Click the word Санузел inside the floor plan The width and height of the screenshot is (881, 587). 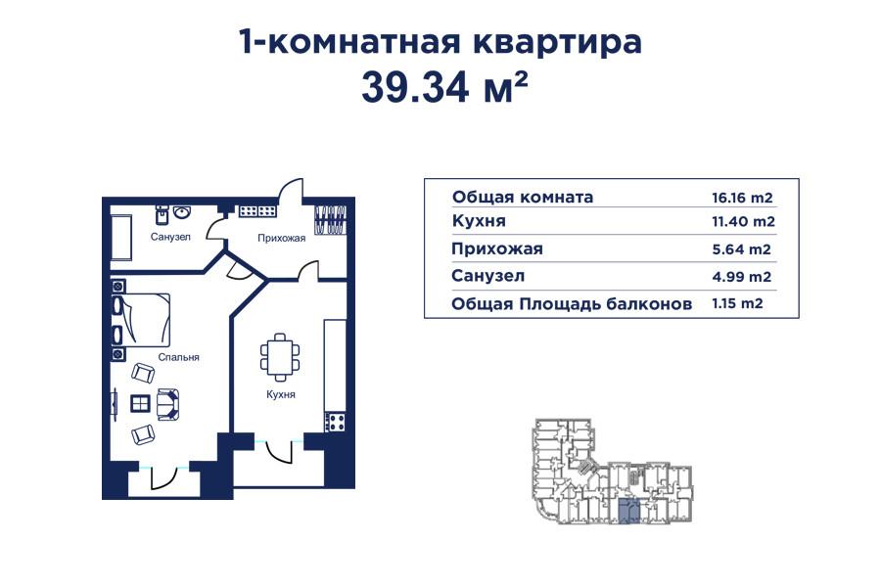click(170, 237)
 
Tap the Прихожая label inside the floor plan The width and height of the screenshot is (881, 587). click(282, 238)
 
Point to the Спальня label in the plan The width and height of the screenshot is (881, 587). click(178, 358)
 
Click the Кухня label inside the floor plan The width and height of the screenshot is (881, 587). click(280, 394)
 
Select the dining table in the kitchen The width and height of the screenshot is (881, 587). click(280, 357)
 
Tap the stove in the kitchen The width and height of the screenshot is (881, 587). click(336, 422)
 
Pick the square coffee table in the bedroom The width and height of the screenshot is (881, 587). click(140, 401)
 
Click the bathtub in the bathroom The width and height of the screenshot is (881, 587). click(120, 237)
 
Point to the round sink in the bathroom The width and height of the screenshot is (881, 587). click(182, 210)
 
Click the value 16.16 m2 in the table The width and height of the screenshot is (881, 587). click(743, 197)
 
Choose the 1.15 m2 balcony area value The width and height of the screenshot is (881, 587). click(737, 304)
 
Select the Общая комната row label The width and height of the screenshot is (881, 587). click(523, 197)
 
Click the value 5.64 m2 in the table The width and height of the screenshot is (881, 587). click(743, 249)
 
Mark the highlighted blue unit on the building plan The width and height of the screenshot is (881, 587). click(628, 511)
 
